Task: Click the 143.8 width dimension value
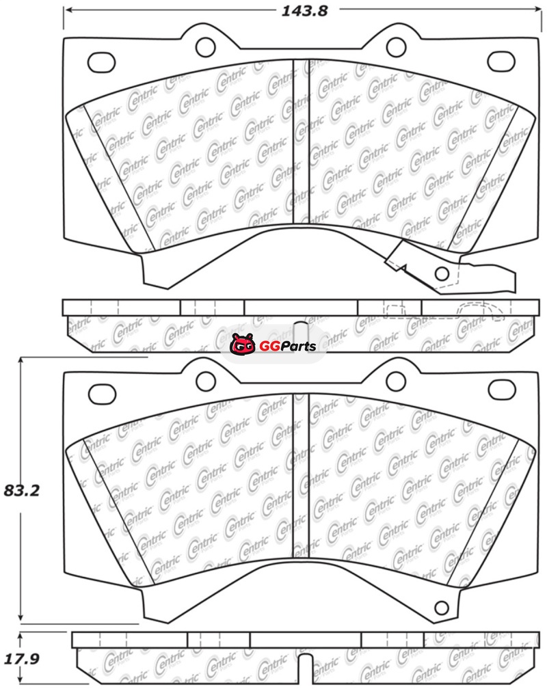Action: [304, 10]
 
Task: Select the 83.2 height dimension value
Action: [22, 490]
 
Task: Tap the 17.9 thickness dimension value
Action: [22, 659]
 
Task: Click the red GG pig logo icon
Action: [242, 344]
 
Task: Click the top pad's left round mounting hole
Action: [205, 47]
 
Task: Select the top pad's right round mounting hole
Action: [396, 47]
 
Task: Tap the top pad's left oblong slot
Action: [102, 63]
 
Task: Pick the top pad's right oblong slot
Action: [501, 61]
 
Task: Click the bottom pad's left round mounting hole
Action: [205, 381]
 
